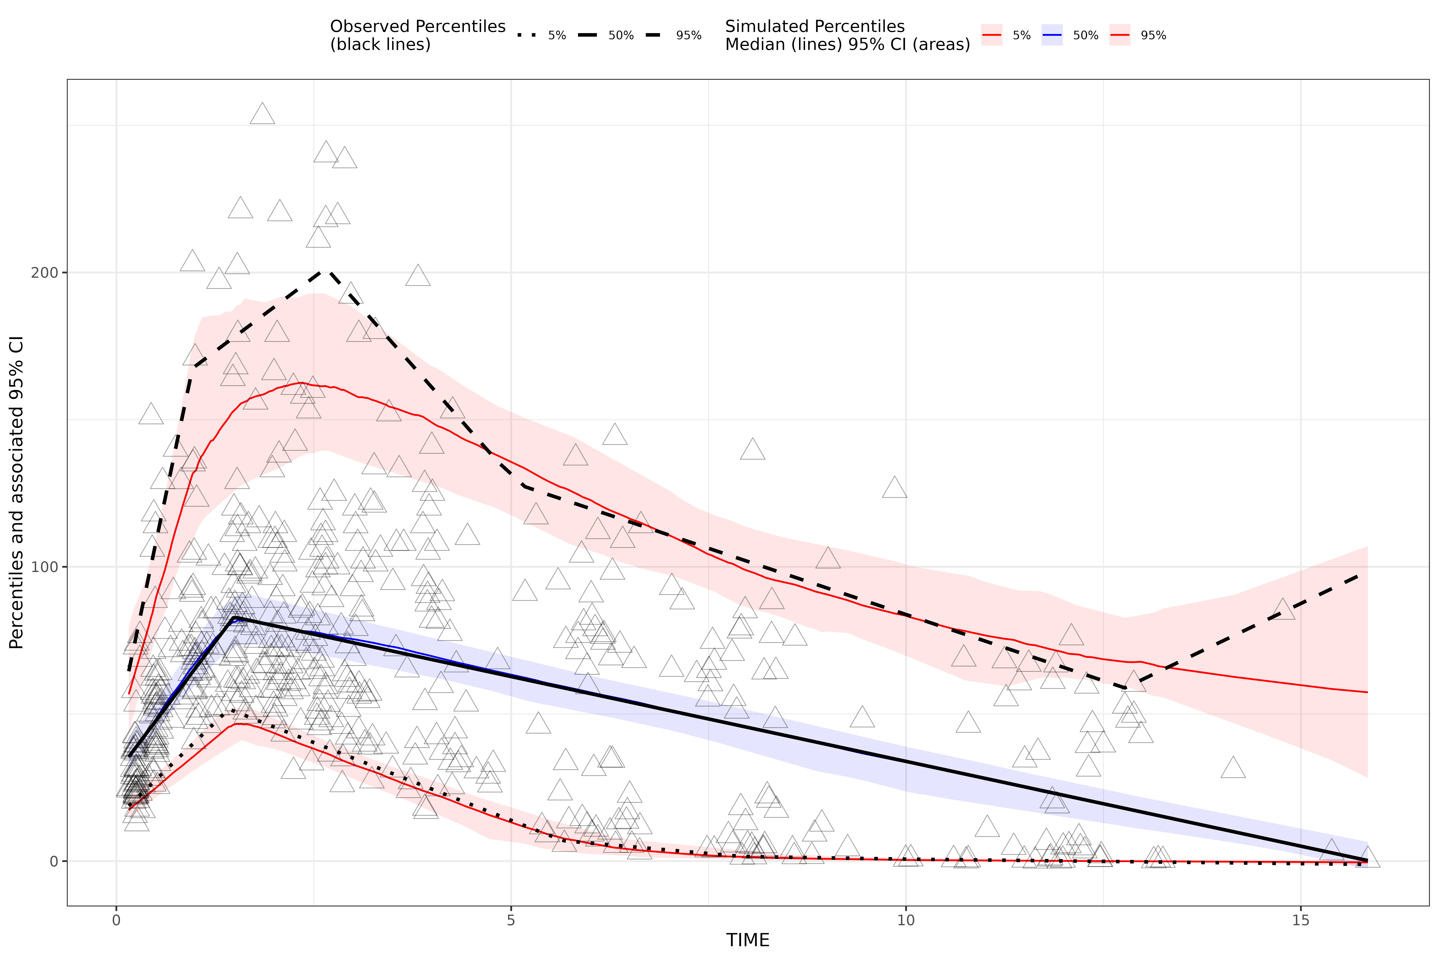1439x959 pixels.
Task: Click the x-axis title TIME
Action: coord(748,940)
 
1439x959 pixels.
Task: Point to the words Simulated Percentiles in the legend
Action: coord(814,27)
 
